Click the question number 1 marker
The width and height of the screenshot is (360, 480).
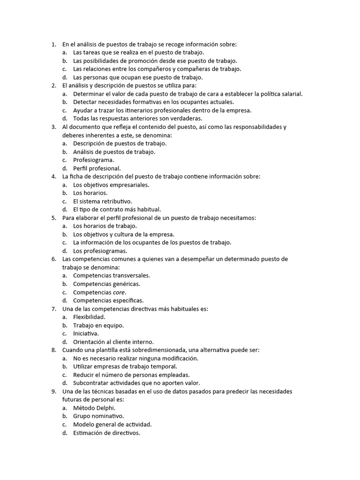point(53,45)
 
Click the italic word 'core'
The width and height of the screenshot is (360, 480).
point(119,292)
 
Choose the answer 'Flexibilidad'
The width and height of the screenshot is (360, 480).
point(89,317)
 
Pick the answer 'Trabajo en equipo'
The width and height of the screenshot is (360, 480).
point(98,325)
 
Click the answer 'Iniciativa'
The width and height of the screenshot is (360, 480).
point(86,333)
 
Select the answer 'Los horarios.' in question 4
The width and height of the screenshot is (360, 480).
point(90,193)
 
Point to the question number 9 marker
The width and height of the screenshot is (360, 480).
point(53,391)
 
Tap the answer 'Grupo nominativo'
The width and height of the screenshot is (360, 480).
point(98,416)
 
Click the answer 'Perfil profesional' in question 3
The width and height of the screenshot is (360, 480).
point(97,168)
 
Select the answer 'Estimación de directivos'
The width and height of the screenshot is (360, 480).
point(106,433)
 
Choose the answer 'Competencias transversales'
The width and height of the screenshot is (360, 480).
point(112,276)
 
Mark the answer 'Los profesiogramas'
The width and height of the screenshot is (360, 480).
point(100,251)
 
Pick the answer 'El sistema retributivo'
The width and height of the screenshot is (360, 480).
point(103,201)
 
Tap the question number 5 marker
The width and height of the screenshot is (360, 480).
point(53,218)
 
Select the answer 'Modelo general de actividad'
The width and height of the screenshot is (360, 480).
point(112,424)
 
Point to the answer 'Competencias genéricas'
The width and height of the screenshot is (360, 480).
point(106,284)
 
